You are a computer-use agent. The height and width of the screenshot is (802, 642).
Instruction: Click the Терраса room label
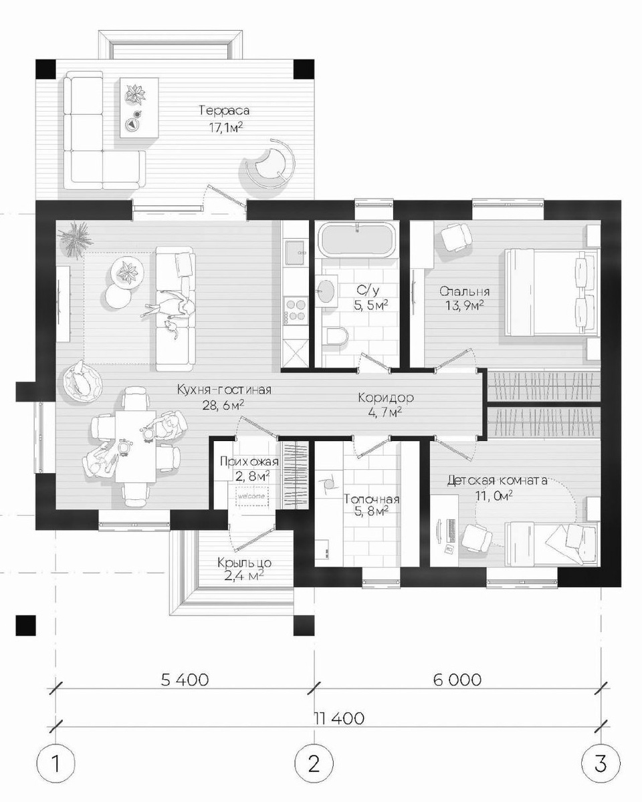[224, 110]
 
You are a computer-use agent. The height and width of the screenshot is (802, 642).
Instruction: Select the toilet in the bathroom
[335, 338]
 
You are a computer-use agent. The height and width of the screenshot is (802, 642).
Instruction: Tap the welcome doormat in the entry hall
[251, 496]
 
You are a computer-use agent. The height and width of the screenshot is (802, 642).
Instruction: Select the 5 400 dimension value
[185, 680]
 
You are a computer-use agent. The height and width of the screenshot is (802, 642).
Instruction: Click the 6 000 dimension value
[457, 680]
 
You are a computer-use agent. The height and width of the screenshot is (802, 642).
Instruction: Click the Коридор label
[386, 398]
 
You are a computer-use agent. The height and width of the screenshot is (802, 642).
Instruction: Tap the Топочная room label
[372, 499]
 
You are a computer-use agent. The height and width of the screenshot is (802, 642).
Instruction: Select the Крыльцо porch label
[244, 562]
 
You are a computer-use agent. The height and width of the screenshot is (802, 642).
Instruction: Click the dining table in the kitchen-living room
[135, 446]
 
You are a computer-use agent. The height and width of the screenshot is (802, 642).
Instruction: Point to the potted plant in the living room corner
[76, 239]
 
